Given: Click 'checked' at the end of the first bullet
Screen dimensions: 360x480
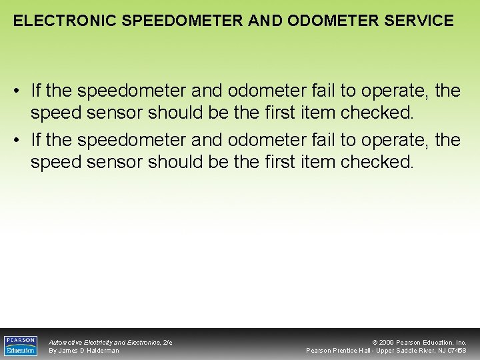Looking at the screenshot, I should click(x=376, y=112).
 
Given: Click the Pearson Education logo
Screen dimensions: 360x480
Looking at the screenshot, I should click(x=21, y=345).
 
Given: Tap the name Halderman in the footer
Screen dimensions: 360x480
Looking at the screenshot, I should click(x=103, y=351).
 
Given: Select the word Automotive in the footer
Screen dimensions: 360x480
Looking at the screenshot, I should click(x=65, y=342).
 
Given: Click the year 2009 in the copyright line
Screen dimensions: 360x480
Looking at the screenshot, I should click(x=387, y=342).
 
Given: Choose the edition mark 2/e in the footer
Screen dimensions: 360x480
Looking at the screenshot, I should click(x=167, y=342).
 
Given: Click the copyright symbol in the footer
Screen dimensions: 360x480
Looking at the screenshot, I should click(x=374, y=342).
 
